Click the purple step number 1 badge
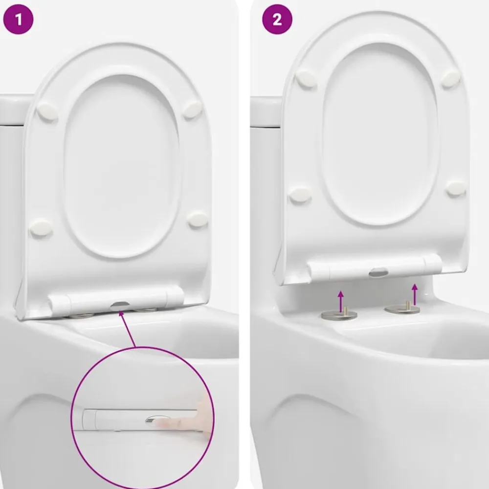[18, 20]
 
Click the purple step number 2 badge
[277, 20]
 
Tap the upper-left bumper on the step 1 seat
[47, 111]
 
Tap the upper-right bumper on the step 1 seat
[192, 109]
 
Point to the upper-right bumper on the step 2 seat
[451, 78]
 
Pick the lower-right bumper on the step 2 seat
[456, 189]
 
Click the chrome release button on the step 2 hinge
[378, 272]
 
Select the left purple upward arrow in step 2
[341, 301]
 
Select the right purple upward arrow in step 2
[415, 294]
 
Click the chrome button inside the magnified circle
[158, 420]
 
